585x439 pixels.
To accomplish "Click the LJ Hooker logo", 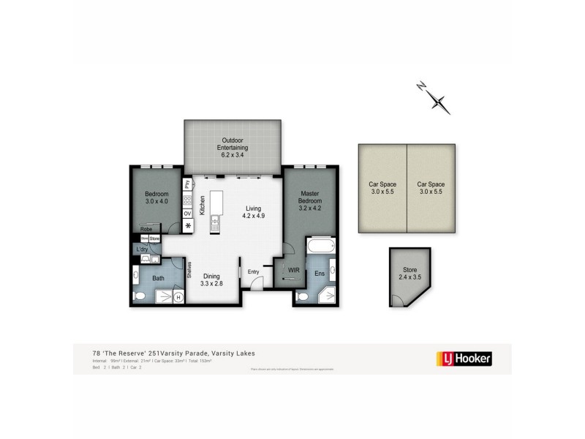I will (464, 359).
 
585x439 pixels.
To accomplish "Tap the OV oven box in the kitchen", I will (187, 214).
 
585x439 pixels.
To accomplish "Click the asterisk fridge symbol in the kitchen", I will (187, 226).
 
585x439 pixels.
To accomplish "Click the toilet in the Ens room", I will (303, 297).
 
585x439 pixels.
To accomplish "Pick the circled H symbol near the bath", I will (178, 297).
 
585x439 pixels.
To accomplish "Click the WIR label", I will (294, 271).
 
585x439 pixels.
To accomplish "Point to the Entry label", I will (254, 272).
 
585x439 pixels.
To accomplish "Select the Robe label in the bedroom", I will (147, 228).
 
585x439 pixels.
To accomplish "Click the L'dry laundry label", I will (142, 249).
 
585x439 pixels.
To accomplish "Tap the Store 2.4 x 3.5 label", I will (409, 275).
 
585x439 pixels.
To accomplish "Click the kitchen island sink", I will (215, 221).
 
